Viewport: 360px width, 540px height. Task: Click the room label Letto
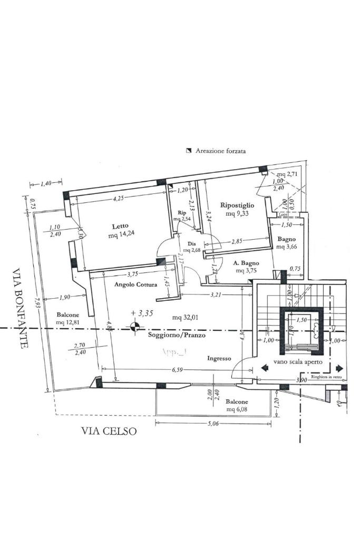click(x=120, y=226)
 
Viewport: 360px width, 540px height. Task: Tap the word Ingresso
click(x=219, y=358)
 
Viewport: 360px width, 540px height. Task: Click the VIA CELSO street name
click(x=109, y=431)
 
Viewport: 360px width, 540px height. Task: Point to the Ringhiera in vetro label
click(x=328, y=377)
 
